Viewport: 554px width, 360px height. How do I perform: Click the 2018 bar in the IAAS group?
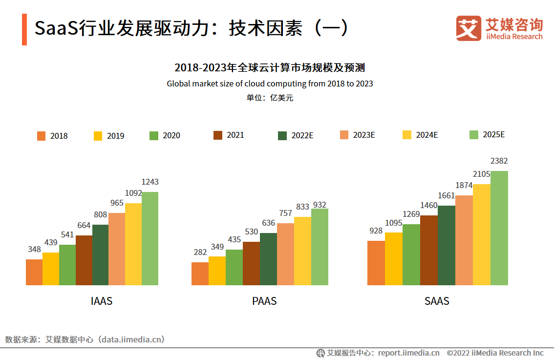click(34, 272)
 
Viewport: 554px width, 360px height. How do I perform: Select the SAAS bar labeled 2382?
click(499, 228)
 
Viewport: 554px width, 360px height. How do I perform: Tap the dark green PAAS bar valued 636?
click(268, 259)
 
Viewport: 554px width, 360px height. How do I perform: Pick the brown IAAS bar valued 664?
click(84, 260)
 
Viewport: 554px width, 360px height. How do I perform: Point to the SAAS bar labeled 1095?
click(394, 258)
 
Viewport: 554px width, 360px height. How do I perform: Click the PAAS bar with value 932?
click(320, 247)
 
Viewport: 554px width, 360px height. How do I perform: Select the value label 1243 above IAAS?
click(150, 182)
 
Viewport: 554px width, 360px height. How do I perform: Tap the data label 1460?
click(429, 205)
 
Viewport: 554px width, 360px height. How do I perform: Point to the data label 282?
click(200, 252)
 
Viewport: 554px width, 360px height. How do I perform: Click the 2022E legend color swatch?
click(282, 136)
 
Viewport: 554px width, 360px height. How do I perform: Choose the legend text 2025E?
click(493, 134)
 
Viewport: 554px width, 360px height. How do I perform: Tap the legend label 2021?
click(235, 135)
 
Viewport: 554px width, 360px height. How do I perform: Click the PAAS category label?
click(264, 301)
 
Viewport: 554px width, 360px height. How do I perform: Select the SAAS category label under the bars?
click(437, 301)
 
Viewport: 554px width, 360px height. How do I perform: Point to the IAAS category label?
click(102, 301)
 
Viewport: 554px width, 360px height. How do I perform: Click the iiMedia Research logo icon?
click(469, 28)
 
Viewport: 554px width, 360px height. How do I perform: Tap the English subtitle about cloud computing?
click(270, 84)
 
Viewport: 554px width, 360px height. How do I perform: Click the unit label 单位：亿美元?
click(270, 98)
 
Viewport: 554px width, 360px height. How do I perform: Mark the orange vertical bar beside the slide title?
click(24, 29)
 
